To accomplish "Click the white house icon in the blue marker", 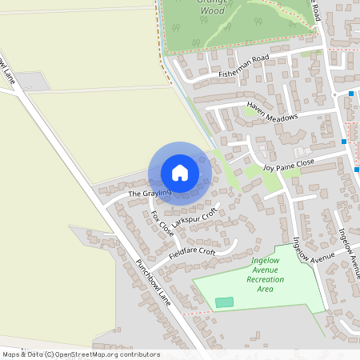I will (180, 172).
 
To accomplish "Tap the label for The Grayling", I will (127, 193).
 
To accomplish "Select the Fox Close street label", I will (162, 223).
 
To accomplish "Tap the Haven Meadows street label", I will (272, 110).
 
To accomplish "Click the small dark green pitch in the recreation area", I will (225, 302).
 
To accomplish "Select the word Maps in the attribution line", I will (12, 354).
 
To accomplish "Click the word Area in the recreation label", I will (266, 289).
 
